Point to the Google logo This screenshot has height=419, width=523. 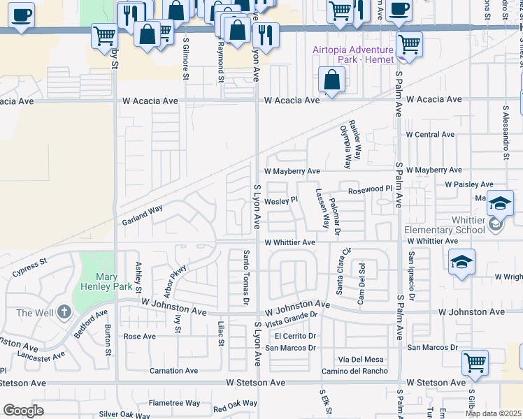pyautogui.click(x=23, y=411)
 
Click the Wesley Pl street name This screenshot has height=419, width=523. pyautogui.click(x=282, y=200)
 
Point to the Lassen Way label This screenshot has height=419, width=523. pyautogui.click(x=323, y=209)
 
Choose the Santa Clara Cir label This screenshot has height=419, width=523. pyautogui.click(x=340, y=270)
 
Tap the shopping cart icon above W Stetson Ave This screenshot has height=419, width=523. pyautogui.click(x=475, y=363)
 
